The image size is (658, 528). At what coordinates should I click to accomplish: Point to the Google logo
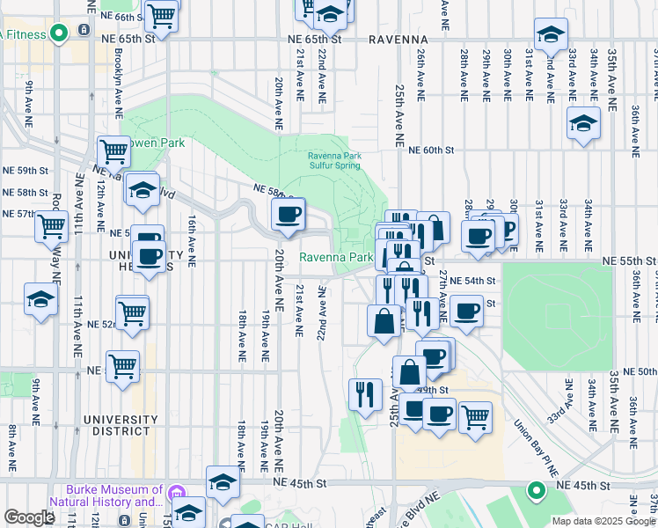tap(29, 517)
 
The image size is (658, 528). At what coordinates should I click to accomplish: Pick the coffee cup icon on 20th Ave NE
tap(289, 215)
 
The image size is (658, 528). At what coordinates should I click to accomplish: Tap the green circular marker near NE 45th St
tap(535, 490)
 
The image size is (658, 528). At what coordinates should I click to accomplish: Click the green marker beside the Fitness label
tap(59, 34)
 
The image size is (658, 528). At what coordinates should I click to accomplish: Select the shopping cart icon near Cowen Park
tap(114, 150)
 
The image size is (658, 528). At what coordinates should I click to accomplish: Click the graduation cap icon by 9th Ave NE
tap(40, 299)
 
